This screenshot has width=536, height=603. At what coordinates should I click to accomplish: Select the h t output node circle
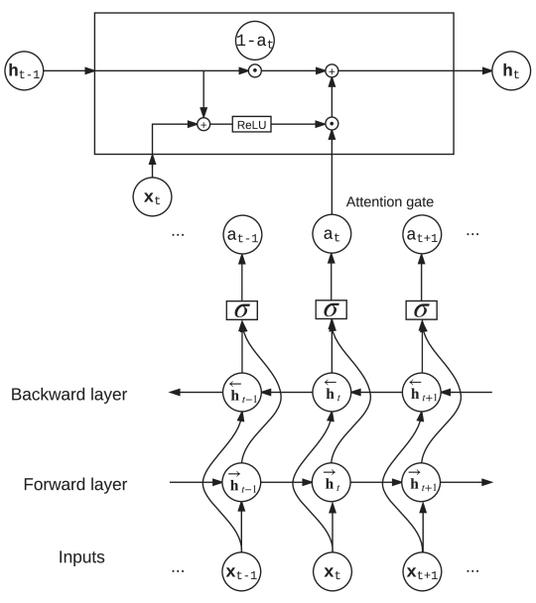click(x=510, y=71)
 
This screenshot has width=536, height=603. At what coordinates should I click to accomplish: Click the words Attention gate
click(x=390, y=202)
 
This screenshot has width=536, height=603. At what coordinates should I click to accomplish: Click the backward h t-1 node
click(x=240, y=394)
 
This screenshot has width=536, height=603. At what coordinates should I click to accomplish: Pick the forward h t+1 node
click(x=423, y=483)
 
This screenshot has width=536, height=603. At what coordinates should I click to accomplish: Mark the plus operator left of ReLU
click(x=203, y=124)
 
